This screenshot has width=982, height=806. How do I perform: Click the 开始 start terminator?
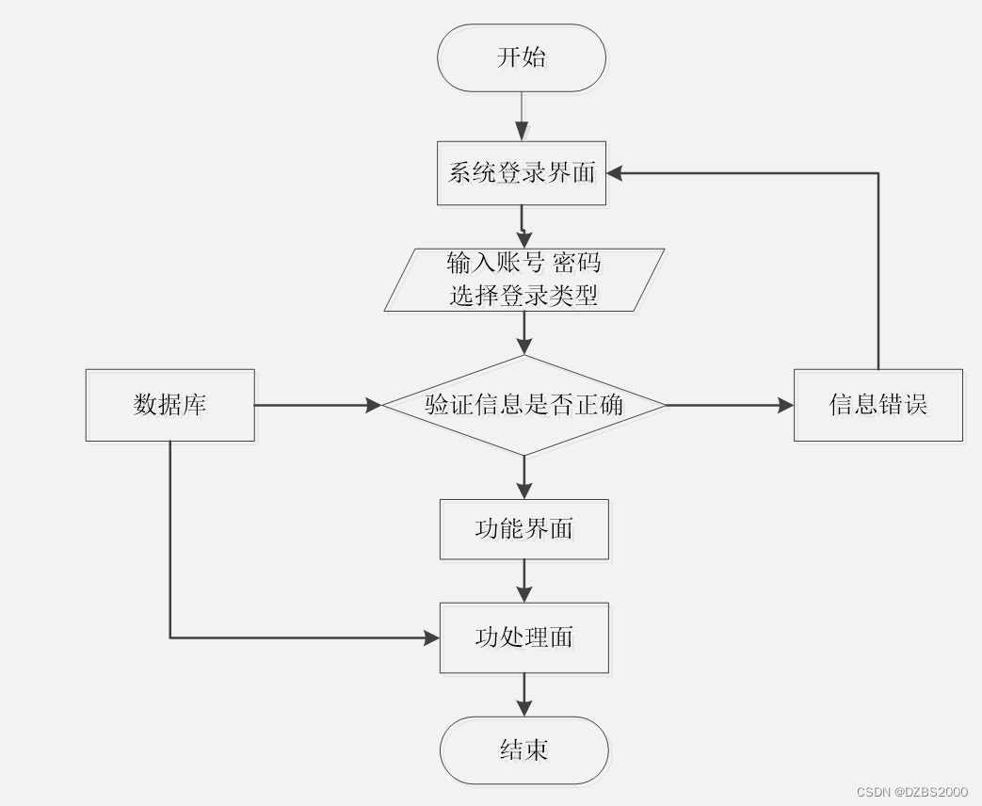522,58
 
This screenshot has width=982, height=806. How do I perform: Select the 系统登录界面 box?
522,173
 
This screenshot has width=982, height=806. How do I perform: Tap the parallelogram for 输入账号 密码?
524,280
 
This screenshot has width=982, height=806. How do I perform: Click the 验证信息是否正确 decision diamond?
524,405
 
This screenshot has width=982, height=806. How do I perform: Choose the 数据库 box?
170,405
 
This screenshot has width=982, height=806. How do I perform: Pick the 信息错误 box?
878,405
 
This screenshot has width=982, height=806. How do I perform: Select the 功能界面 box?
524,529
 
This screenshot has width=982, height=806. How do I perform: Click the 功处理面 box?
524,637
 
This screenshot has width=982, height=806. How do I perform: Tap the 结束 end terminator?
524,750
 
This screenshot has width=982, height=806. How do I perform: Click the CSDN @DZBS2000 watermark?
911,792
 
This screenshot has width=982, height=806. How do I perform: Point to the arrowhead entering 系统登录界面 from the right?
615,173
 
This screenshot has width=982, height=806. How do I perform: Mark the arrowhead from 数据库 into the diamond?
374,405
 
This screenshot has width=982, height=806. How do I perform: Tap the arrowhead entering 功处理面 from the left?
432,638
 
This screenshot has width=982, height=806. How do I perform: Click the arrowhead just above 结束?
524,708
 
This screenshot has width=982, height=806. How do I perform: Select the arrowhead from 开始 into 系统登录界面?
522,133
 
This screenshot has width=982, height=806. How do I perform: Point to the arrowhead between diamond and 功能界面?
524,491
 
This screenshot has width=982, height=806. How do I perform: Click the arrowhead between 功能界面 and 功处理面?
524,594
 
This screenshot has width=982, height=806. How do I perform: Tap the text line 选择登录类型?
523,295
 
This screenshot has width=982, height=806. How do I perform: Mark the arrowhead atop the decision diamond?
524,347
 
